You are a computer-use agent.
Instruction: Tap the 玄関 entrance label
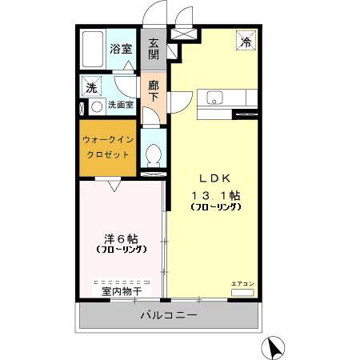point(153,49)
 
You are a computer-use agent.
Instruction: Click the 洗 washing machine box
point(90,86)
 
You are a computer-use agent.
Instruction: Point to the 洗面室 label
point(123,104)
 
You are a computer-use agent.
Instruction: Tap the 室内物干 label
point(121,292)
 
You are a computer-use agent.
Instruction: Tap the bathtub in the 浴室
point(94,50)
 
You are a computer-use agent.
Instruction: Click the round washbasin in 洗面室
point(97,106)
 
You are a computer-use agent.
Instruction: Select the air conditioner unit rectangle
point(242,294)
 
